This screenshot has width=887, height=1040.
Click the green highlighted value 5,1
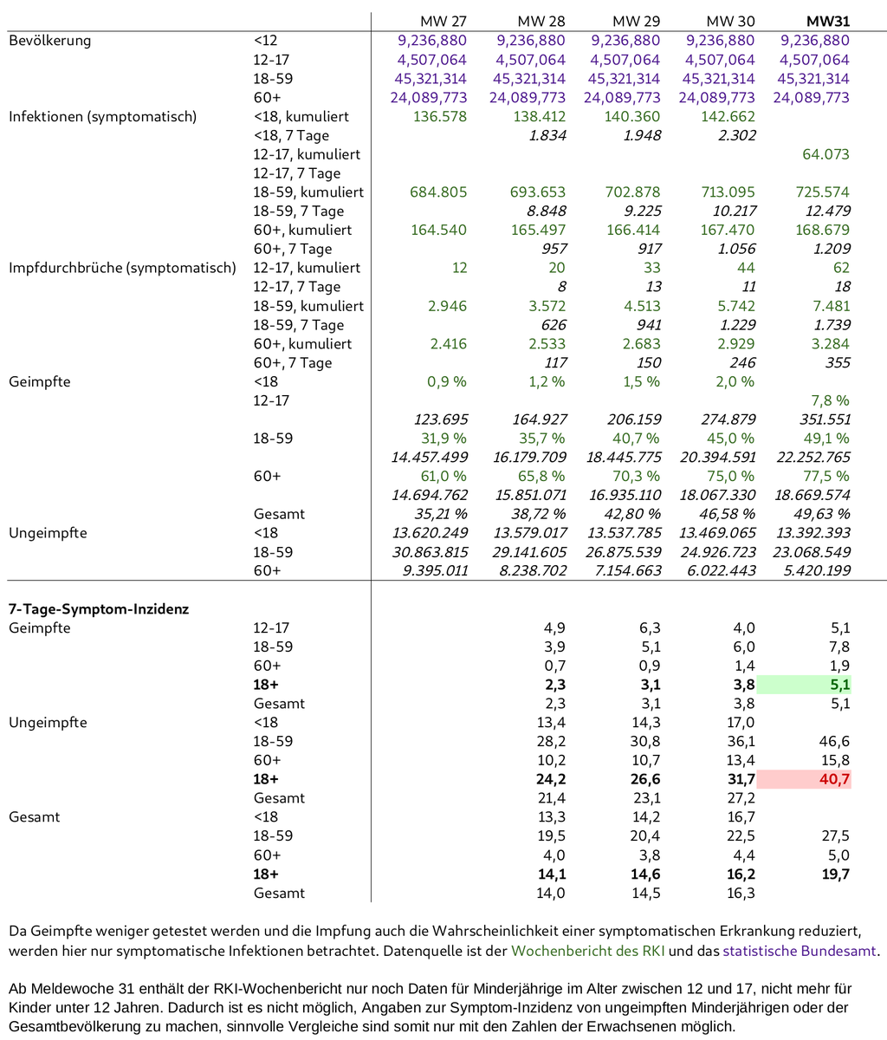(x=837, y=685)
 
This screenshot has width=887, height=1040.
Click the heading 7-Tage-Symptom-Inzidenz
(x=87, y=609)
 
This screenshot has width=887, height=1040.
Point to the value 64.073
(x=819, y=154)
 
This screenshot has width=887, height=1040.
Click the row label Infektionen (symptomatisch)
(x=102, y=116)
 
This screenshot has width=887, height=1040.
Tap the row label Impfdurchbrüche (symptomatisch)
(x=121, y=268)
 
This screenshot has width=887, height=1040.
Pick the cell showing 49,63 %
(x=820, y=515)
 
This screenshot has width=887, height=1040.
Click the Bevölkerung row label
(x=50, y=40)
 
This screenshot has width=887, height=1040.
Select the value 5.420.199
(x=808, y=571)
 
